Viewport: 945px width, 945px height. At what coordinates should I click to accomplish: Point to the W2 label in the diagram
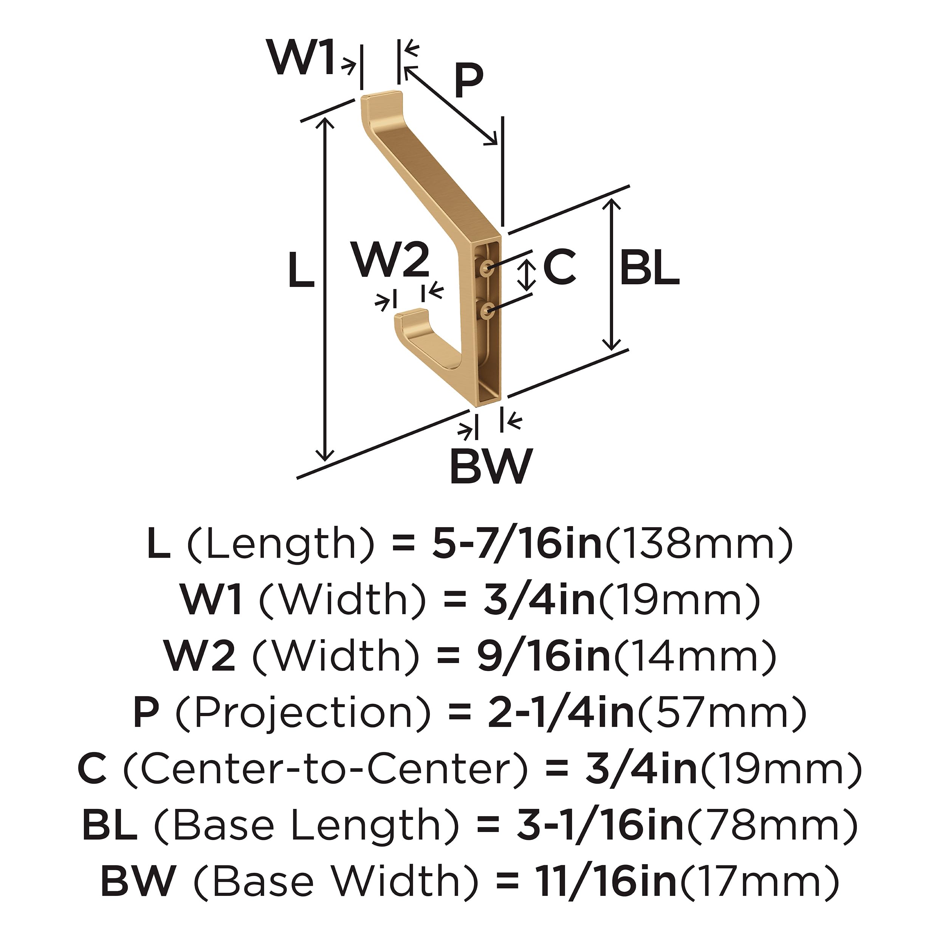pyautogui.click(x=392, y=260)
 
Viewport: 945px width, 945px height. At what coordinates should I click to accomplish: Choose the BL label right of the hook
pyautogui.click(x=649, y=267)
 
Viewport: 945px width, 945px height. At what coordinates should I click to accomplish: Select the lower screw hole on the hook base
pyautogui.click(x=487, y=309)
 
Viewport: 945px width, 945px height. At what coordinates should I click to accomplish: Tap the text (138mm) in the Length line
pyautogui.click(x=699, y=544)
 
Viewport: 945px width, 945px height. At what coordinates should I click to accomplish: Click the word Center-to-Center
pyautogui.click(x=325, y=769)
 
